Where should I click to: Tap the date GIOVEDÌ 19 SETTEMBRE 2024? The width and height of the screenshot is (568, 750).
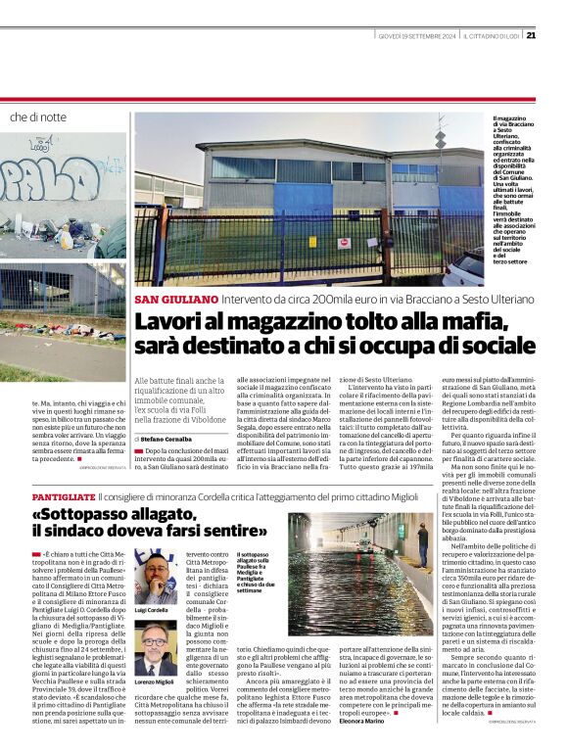tap(418, 36)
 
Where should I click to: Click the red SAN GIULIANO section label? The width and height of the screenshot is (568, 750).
tap(176, 298)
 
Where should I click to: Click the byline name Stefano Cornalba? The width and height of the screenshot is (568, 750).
tap(166, 413)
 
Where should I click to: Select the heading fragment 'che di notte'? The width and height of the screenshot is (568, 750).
tap(38, 117)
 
